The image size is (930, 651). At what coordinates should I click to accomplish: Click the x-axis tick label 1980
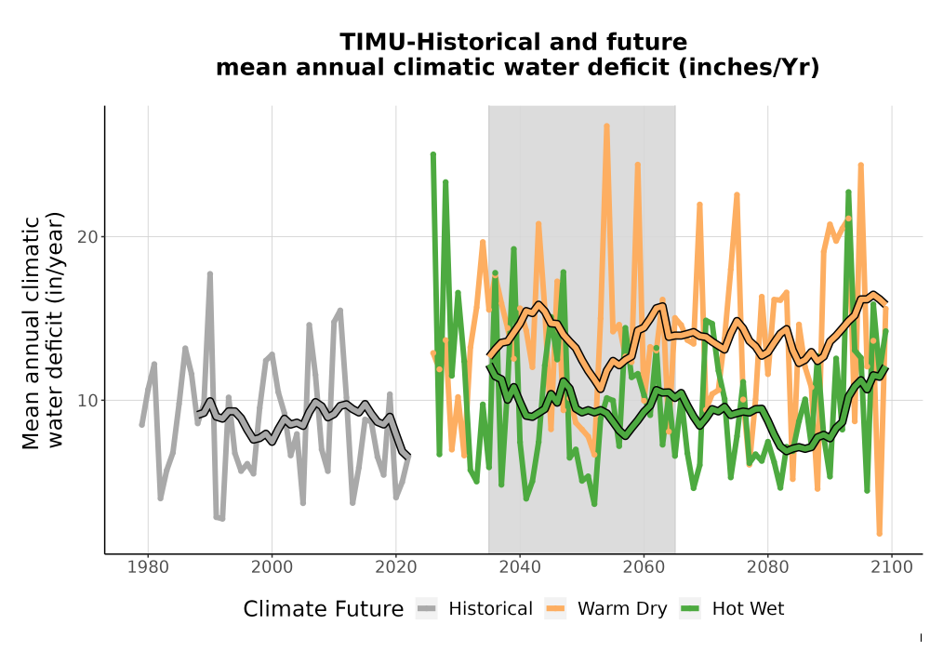tap(148, 567)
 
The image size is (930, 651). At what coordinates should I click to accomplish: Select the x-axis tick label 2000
tap(272, 567)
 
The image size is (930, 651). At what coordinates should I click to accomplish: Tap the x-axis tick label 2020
tap(395, 567)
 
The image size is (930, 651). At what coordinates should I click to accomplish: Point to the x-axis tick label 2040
tap(520, 567)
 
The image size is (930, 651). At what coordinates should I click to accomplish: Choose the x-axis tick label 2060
tap(644, 567)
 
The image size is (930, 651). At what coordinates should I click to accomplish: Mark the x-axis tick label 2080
tap(767, 567)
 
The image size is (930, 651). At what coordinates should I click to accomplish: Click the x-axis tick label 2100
tap(892, 567)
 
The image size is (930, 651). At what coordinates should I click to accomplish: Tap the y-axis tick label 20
tap(87, 237)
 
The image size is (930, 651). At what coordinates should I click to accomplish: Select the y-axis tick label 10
tap(87, 401)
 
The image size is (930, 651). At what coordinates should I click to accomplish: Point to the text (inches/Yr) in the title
tap(749, 68)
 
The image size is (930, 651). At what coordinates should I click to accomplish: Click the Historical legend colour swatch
tap(427, 609)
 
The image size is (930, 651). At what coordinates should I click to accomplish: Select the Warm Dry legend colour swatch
tap(555, 609)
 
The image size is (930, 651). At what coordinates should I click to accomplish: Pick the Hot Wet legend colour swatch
tap(690, 609)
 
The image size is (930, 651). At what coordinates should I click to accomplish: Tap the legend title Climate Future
tap(324, 609)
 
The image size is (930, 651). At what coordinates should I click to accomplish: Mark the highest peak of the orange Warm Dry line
tap(606, 126)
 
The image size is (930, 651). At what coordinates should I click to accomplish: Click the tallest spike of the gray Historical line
tap(210, 274)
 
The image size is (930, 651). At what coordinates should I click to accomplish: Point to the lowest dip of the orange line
tap(880, 534)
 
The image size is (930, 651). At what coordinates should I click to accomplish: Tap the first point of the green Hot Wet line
tap(433, 154)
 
